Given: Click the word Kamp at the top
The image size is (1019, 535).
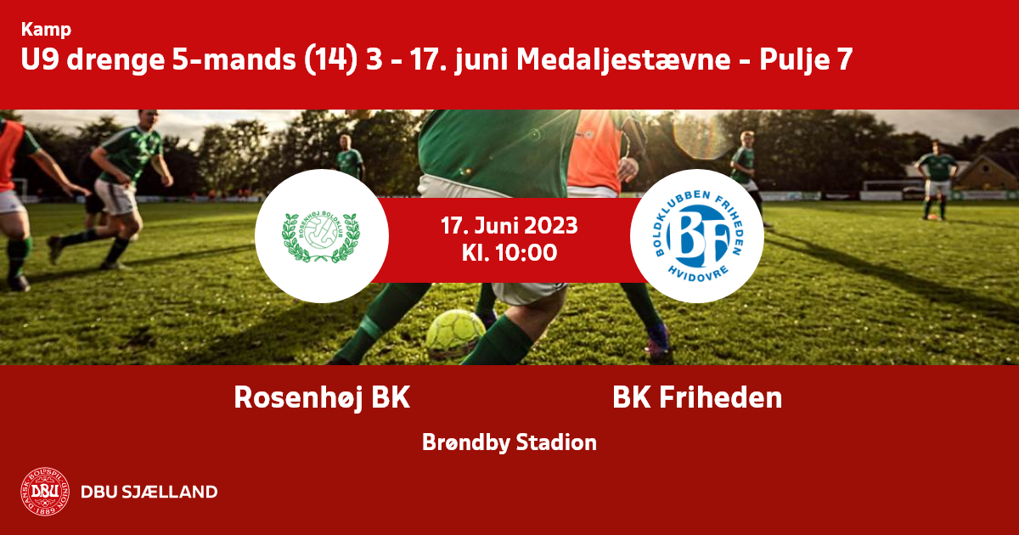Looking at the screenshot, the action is point(46,30).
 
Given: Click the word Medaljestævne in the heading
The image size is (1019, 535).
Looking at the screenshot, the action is point(623,59).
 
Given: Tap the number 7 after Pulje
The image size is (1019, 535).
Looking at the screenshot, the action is point(844,59).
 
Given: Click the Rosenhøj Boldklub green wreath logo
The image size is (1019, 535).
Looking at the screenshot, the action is point(321,237).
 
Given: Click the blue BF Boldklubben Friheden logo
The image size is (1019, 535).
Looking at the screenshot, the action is point(697,236).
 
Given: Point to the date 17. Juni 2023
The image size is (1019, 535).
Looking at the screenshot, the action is point(509,226).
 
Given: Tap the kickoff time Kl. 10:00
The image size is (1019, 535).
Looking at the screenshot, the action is point(509,253).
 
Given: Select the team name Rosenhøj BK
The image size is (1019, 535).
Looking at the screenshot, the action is point(322,397).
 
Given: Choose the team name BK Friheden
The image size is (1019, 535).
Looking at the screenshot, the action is point(697,397).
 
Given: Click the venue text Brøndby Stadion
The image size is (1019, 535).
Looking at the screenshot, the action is point(509,442).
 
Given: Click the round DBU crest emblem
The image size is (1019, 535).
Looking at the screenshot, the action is point(45,492).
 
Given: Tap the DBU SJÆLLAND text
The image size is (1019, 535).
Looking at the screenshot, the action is point(149,492).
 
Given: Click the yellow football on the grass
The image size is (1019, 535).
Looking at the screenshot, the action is point(455,334).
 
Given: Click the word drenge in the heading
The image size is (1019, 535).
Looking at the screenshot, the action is point(115,60).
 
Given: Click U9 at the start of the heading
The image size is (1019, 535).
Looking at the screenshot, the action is point(40,59).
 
